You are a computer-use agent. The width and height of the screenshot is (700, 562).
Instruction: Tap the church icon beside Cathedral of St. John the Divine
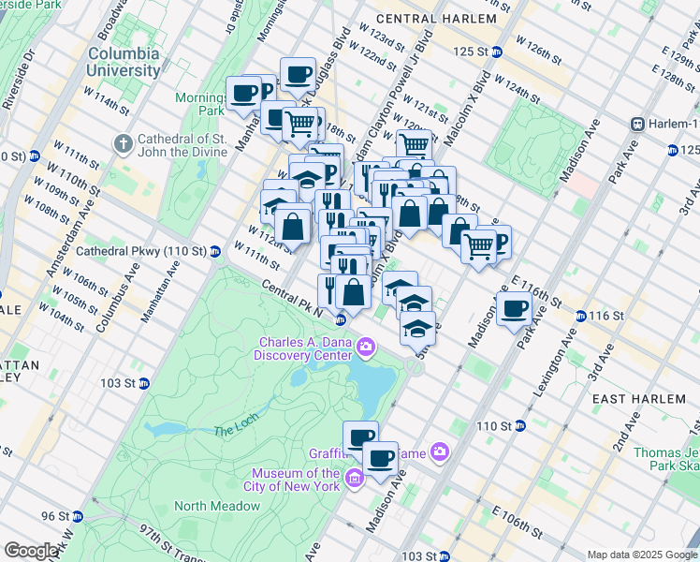click(123, 144)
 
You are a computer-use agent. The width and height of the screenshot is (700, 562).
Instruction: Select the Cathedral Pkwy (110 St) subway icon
click(214, 251)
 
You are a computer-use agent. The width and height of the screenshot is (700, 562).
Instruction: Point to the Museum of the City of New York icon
click(354, 481)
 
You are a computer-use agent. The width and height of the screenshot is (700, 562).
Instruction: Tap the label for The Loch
click(234, 430)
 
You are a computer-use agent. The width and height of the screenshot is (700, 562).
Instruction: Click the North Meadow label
click(217, 506)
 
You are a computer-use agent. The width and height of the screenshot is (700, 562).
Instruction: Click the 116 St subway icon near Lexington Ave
click(581, 317)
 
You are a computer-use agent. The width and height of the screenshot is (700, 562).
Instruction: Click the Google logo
click(31, 551)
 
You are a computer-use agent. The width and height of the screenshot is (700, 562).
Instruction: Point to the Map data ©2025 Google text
click(642, 555)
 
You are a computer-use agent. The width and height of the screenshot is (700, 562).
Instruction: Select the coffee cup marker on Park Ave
click(514, 309)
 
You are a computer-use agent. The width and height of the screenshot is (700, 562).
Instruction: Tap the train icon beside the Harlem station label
click(638, 124)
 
